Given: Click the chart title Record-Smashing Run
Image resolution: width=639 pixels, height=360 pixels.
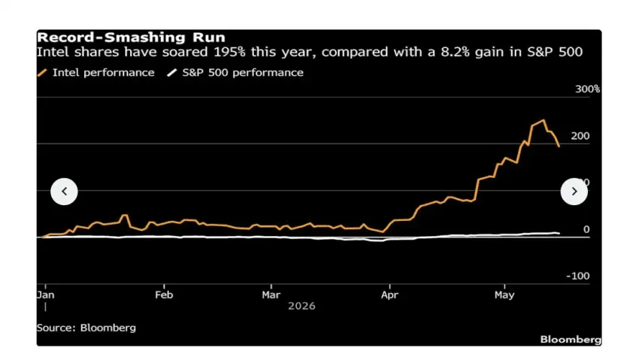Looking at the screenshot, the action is pos(131,38).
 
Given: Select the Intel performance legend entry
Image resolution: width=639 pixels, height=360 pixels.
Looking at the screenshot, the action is pos(95,72).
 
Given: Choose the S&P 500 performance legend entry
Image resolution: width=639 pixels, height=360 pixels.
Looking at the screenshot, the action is pos(235,72).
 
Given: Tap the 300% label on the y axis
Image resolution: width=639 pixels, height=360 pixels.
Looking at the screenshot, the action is pos(587,89).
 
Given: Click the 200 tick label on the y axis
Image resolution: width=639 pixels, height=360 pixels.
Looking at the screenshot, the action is pos(580,136).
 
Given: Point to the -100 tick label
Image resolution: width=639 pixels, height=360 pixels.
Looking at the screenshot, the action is pos(578,276).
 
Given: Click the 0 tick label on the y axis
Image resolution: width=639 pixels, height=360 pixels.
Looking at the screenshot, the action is pos(586,229).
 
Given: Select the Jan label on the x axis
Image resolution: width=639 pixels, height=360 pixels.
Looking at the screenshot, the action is pos(45,295).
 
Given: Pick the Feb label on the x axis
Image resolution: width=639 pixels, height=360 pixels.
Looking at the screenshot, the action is pos(164,295).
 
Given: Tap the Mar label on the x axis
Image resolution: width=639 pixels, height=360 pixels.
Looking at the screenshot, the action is pos(271,295).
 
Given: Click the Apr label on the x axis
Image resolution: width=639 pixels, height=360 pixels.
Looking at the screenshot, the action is pos(389,295).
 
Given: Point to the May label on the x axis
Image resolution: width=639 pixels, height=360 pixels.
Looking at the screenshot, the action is pos(504,295).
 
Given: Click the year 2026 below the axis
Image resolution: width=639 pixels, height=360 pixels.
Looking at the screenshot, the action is pos(301,306).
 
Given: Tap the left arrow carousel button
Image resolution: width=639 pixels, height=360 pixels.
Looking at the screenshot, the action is pos(64,192).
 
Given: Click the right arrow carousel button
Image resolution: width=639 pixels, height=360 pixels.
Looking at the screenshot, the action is pos(574,192).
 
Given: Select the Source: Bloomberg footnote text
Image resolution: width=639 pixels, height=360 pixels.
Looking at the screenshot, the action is pos(86,328).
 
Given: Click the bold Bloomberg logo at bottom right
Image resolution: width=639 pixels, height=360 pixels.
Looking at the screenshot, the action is pos(571,340).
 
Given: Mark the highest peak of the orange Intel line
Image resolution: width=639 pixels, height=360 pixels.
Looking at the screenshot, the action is pos(544,120).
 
